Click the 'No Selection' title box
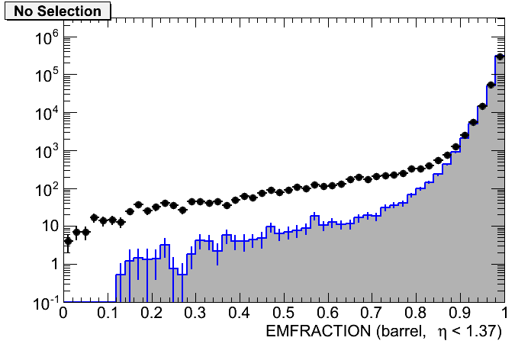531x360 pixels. point(58,11)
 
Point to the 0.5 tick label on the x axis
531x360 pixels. point(284,313)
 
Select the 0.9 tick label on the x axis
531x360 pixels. point(461,313)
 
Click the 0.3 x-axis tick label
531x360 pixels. point(195,313)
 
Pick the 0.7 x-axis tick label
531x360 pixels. point(372,313)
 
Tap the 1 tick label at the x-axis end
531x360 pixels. point(504,313)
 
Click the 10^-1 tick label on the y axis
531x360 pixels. point(40,302)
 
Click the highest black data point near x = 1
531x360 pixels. point(500,56)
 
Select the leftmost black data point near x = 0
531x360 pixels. point(68,241)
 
